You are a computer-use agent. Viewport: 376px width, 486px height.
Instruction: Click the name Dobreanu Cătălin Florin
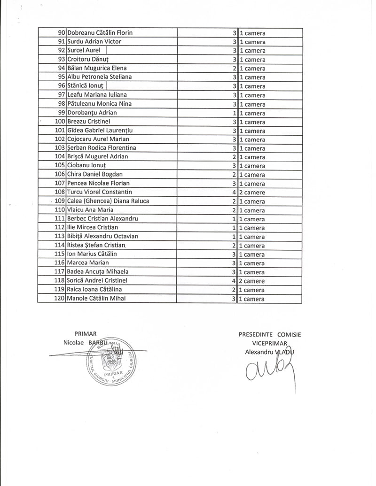(x=100, y=33)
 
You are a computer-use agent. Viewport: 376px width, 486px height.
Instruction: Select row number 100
(x=60, y=122)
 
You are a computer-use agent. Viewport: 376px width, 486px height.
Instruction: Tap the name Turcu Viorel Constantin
(x=100, y=192)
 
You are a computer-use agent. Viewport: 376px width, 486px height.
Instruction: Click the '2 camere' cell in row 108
(x=252, y=193)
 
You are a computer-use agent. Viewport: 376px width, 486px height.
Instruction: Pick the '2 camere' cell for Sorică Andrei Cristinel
(x=252, y=281)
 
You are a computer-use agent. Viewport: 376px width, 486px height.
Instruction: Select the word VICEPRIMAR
(x=269, y=343)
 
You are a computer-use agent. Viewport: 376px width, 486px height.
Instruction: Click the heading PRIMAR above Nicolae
(x=85, y=334)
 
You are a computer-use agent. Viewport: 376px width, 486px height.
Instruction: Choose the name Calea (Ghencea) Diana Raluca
(x=108, y=201)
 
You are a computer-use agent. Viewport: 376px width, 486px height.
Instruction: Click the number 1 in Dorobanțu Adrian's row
(x=234, y=113)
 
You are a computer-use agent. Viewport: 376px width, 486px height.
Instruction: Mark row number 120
(x=60, y=298)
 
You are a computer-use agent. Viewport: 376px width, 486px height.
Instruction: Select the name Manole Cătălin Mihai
(x=97, y=298)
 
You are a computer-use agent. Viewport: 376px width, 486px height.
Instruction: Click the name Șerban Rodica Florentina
(x=102, y=148)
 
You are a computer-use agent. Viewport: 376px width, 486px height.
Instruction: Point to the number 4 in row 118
(x=234, y=281)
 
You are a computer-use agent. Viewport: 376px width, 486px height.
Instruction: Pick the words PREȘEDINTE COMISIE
(x=269, y=335)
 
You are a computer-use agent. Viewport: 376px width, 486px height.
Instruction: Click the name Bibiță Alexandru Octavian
(x=102, y=236)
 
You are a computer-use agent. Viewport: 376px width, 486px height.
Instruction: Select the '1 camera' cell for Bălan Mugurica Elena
(x=252, y=69)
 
